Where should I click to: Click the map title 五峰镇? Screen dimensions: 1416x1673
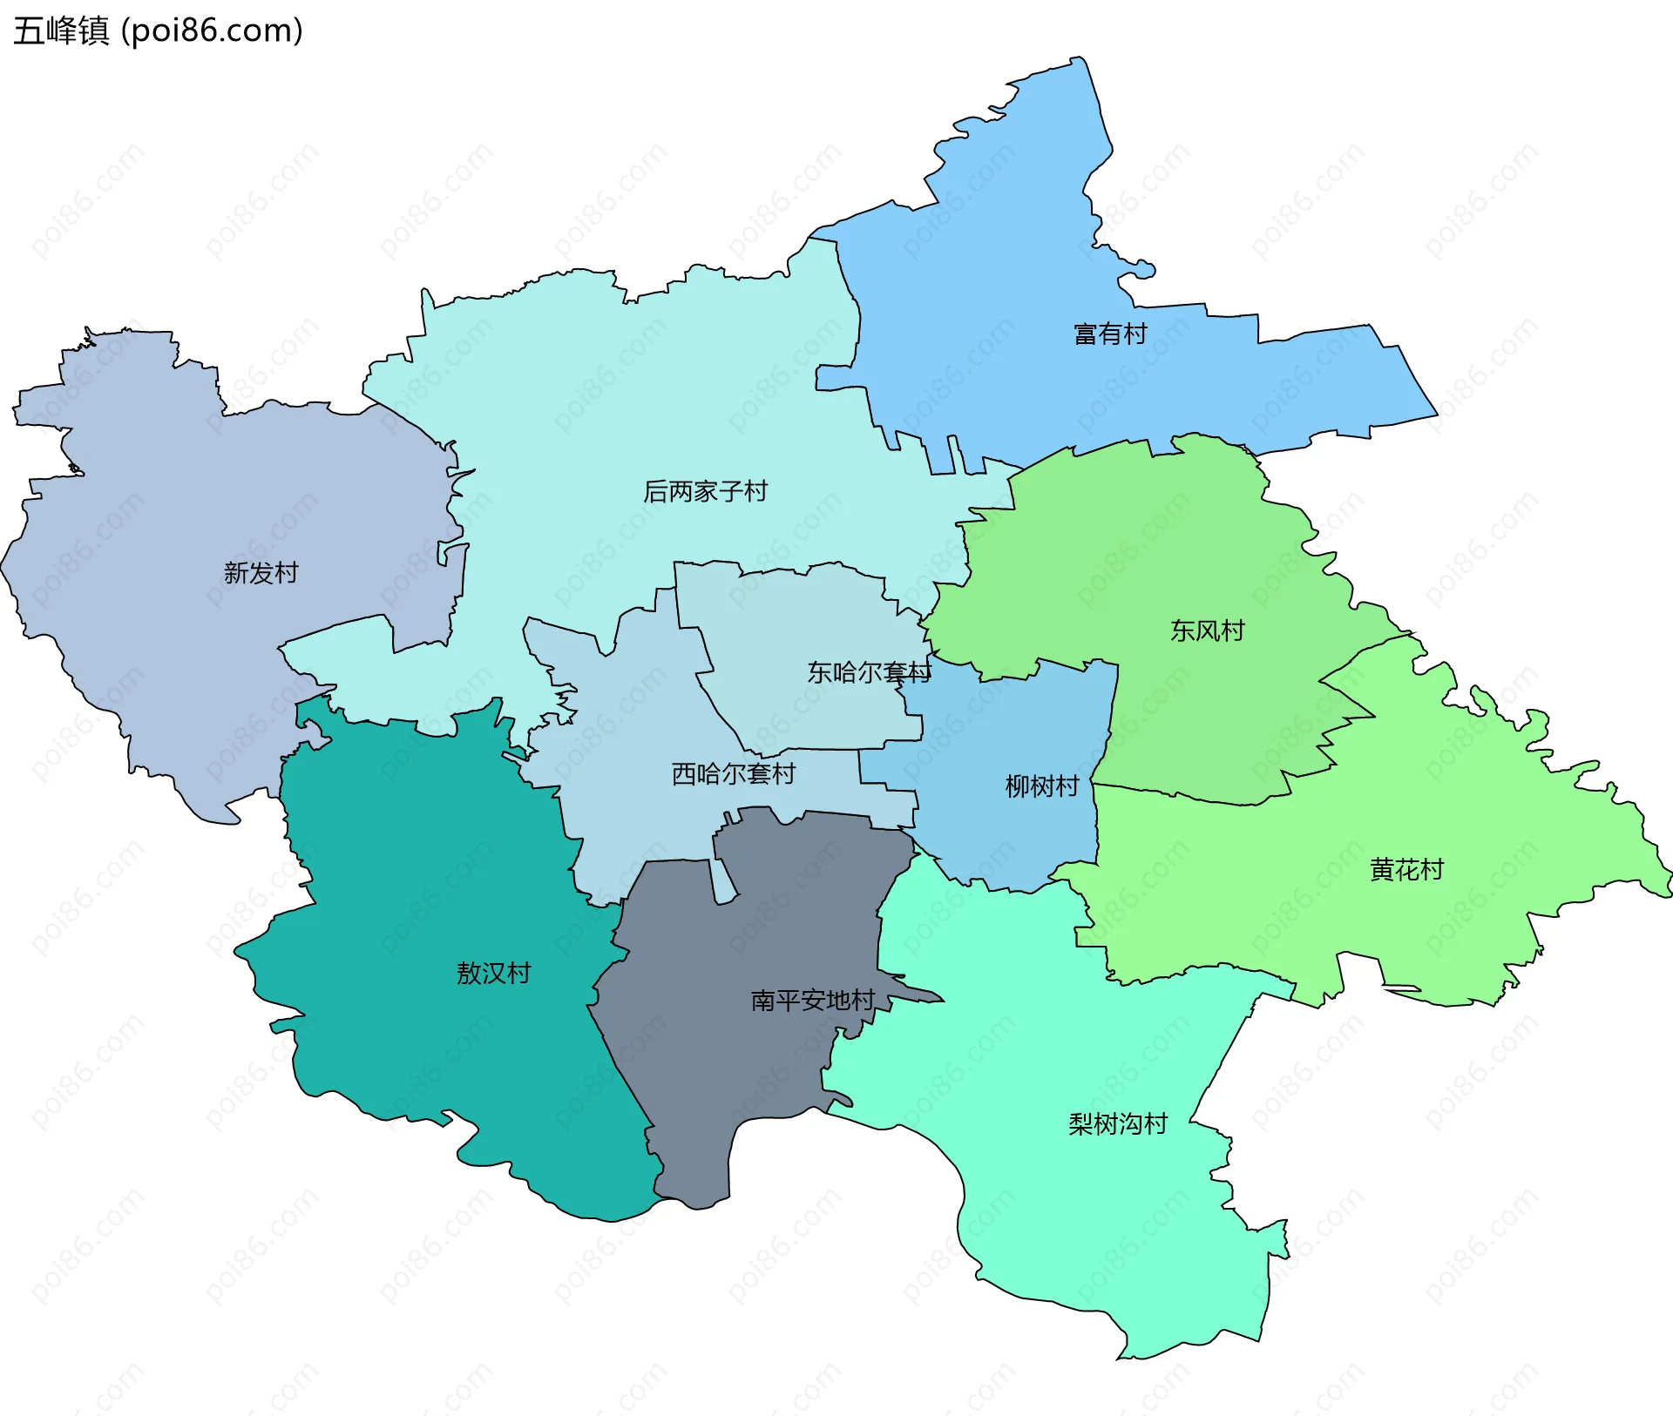tap(61, 30)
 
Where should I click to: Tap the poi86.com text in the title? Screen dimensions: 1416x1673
tap(212, 30)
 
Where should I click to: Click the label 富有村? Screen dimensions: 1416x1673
tap(1110, 334)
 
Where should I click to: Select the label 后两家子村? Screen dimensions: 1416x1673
tap(705, 492)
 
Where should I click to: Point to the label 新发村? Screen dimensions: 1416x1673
tap(261, 573)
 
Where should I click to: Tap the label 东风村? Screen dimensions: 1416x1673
tap(1207, 630)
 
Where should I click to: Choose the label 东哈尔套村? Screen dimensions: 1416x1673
tap(869, 672)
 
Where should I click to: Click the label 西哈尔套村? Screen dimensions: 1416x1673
tap(733, 773)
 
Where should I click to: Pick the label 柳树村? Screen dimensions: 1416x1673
tap(1042, 786)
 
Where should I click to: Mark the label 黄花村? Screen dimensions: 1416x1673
tap(1406, 869)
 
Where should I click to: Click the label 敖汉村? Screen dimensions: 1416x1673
tap(493, 973)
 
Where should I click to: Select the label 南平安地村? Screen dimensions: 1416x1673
tap(812, 1001)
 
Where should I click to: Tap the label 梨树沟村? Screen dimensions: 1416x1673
tap(1118, 1124)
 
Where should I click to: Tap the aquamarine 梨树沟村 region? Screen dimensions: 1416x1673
tap(1089, 1219)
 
